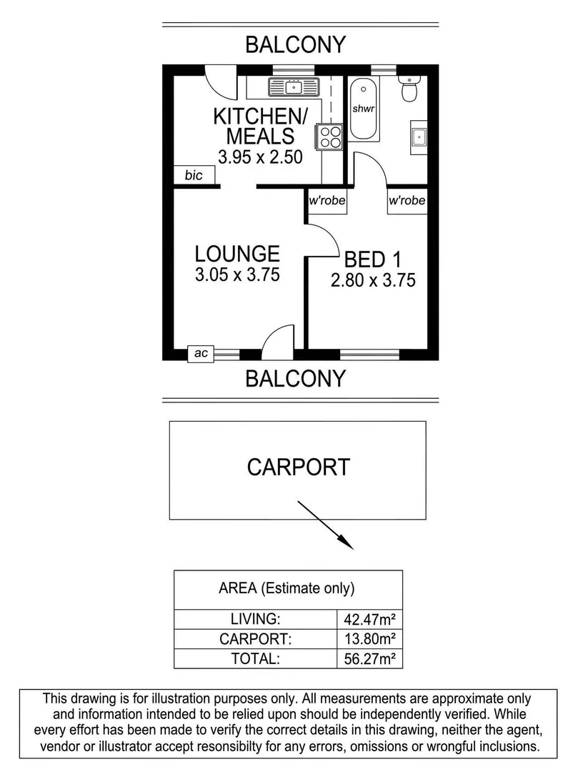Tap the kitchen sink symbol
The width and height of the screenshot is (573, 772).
(x=293, y=88)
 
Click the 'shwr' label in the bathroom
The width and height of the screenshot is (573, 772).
(x=364, y=109)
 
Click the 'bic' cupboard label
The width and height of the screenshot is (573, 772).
(x=193, y=175)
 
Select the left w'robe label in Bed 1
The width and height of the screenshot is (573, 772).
(x=327, y=201)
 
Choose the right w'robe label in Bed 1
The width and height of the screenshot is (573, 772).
(x=407, y=201)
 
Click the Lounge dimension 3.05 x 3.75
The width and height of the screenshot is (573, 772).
(x=236, y=274)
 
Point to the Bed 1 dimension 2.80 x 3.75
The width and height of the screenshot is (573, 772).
(x=373, y=280)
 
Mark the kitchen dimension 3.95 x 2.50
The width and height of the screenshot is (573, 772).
(x=256, y=157)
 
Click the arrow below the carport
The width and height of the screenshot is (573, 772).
(x=326, y=525)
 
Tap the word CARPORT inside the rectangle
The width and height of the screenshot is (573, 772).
(x=298, y=467)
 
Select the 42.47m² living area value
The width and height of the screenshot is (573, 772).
(x=369, y=618)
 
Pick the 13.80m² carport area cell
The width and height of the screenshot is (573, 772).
(x=369, y=638)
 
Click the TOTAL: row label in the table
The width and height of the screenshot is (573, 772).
(x=255, y=658)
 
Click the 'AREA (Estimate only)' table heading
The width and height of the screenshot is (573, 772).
(x=286, y=589)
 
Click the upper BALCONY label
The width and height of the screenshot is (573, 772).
(x=295, y=44)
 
